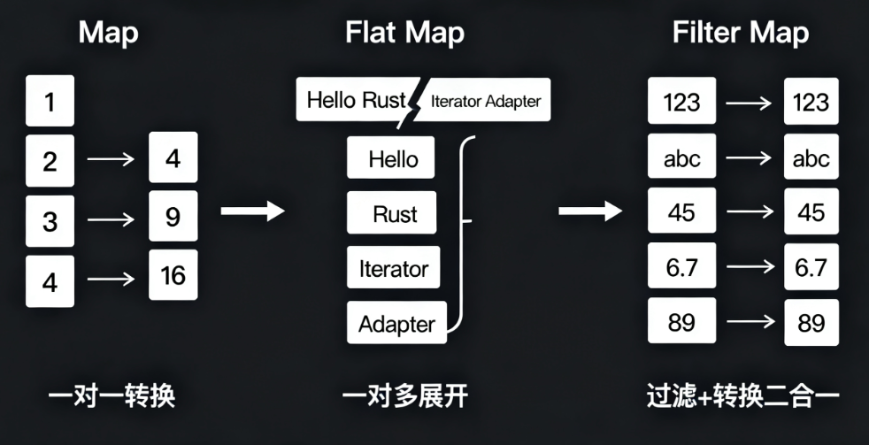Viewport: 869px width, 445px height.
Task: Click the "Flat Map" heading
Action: [x=404, y=34]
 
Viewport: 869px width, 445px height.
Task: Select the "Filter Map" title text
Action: [x=740, y=34]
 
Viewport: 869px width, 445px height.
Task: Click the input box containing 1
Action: [x=50, y=102]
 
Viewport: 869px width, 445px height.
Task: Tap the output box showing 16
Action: [x=173, y=275]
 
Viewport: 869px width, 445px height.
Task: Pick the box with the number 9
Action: [x=173, y=216]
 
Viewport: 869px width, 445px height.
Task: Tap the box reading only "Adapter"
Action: [x=396, y=325]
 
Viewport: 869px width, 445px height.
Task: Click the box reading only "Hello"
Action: [x=393, y=160]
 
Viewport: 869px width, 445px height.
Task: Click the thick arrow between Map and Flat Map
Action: [x=252, y=211]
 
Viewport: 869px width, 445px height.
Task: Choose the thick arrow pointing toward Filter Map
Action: [x=590, y=211]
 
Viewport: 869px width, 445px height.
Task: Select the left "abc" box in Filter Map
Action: [x=681, y=158]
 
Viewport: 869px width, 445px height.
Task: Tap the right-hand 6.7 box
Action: [x=811, y=268]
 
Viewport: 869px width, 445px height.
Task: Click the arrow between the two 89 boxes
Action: [x=750, y=323]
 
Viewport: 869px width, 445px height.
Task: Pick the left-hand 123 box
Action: [x=681, y=103]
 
